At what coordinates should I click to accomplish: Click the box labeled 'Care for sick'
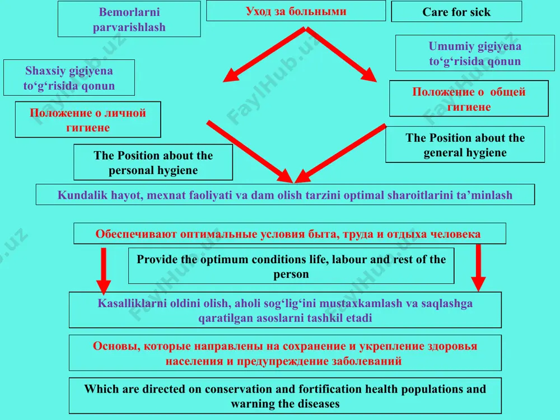[456, 12]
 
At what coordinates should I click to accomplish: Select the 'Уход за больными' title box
[296, 11]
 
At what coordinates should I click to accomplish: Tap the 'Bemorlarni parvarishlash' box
[129, 19]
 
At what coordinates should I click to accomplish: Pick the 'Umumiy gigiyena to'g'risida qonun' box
[475, 53]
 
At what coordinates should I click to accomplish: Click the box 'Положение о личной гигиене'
[88, 120]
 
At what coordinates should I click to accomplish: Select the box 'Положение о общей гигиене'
[469, 99]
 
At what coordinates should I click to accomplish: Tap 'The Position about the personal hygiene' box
[153, 162]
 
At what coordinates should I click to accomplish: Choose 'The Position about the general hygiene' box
[465, 144]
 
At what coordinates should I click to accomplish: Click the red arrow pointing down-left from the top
[264, 55]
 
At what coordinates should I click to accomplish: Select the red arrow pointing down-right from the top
[341, 55]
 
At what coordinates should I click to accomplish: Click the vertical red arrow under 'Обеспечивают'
[104, 270]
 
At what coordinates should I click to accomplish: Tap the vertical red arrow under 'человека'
[479, 268]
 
